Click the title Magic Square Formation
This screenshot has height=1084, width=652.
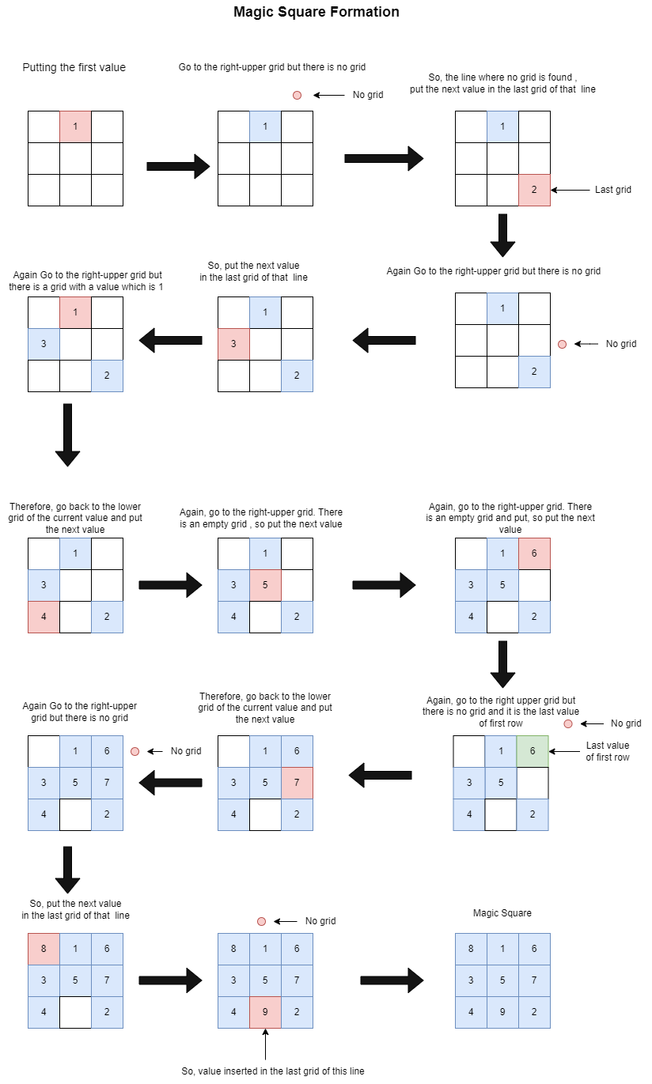(316, 12)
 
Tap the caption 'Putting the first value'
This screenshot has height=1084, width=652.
(74, 67)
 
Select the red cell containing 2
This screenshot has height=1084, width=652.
(534, 190)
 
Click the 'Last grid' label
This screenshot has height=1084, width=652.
(612, 190)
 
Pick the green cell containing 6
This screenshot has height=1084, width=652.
(533, 751)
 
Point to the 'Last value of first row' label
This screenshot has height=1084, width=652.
(607, 751)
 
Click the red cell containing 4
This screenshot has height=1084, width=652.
(44, 617)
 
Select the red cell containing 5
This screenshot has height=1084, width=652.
(265, 585)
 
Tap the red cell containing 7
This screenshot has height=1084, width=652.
(297, 783)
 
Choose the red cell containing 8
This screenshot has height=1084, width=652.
(44, 949)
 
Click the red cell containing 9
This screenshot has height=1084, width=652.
(265, 1012)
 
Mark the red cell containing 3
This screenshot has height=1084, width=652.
(233, 344)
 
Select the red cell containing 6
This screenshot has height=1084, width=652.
(534, 553)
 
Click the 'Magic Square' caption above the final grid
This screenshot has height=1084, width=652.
(502, 913)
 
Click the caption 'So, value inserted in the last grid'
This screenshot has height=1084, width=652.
(273, 1071)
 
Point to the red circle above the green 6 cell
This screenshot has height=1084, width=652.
(568, 723)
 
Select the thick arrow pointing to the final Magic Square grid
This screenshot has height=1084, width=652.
(392, 980)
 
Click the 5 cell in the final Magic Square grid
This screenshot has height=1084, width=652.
(502, 980)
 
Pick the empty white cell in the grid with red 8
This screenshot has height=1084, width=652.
(75, 1012)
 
